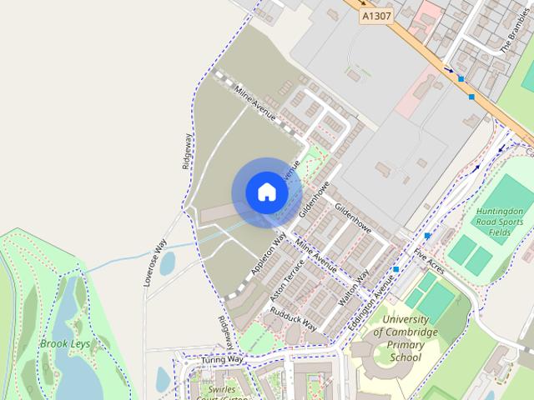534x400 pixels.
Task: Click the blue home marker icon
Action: point(266,192)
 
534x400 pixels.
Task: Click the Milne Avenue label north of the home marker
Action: point(254,105)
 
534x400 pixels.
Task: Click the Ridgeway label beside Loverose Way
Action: point(188,152)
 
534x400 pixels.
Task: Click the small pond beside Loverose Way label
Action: point(168,263)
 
